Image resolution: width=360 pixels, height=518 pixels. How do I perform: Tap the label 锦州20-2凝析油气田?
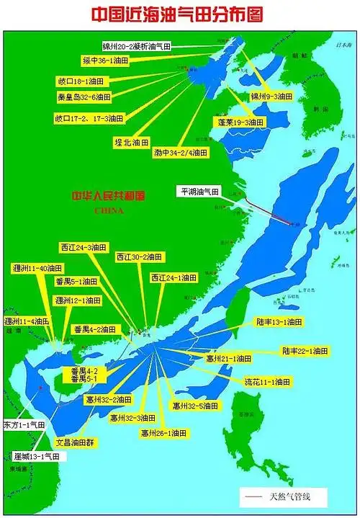point(137,46)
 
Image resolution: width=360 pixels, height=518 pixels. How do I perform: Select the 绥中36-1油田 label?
point(106,62)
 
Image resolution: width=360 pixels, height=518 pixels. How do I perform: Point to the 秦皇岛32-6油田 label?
point(85,97)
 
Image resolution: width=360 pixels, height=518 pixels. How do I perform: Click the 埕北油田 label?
point(132,142)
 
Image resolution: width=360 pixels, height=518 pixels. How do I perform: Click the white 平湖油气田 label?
point(200,192)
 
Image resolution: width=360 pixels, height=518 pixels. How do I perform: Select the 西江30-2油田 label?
point(140,256)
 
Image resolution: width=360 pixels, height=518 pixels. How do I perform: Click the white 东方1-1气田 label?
point(24,425)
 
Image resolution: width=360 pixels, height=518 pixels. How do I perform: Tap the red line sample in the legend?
point(254,496)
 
